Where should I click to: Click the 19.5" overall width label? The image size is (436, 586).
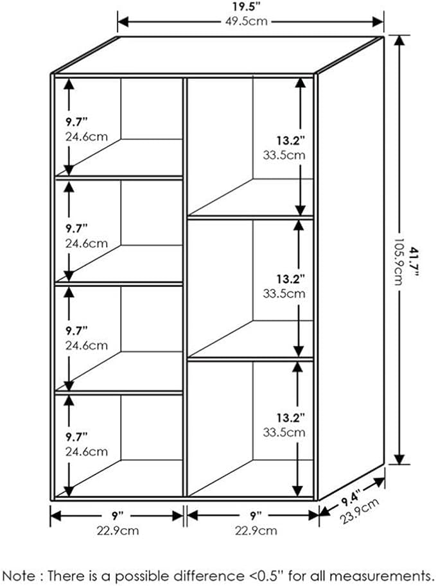click(247, 6)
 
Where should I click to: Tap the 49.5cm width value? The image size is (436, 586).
click(247, 21)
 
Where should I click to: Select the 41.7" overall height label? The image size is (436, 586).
click(413, 261)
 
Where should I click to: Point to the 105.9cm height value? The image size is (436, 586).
click(399, 261)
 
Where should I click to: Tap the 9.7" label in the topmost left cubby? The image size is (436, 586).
click(76, 122)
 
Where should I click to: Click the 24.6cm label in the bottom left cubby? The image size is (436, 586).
click(87, 451)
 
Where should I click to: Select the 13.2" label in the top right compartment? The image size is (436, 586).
click(290, 141)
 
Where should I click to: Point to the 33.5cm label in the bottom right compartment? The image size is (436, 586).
click(284, 433)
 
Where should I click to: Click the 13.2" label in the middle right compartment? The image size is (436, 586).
click(290, 279)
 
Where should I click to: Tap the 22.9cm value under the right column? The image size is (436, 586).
click(256, 530)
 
